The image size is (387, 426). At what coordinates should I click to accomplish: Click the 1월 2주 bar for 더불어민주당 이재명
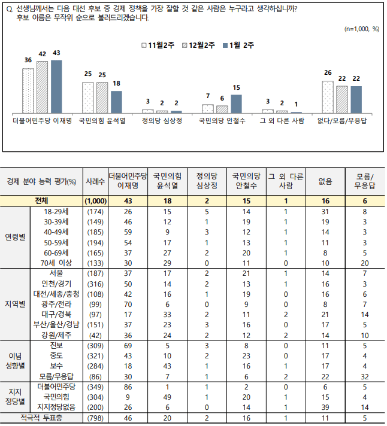point(56,86)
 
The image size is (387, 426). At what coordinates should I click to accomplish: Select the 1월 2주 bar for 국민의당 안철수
point(236,104)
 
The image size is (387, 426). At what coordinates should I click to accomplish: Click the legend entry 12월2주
point(199,45)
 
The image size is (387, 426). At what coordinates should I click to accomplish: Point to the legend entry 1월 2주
point(237,45)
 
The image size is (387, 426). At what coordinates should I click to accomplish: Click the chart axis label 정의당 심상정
point(161,120)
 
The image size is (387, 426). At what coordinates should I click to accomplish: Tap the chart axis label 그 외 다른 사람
point(281,120)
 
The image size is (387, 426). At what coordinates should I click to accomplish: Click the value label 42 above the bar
point(42,54)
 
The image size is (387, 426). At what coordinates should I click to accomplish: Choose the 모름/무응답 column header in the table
point(364,181)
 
